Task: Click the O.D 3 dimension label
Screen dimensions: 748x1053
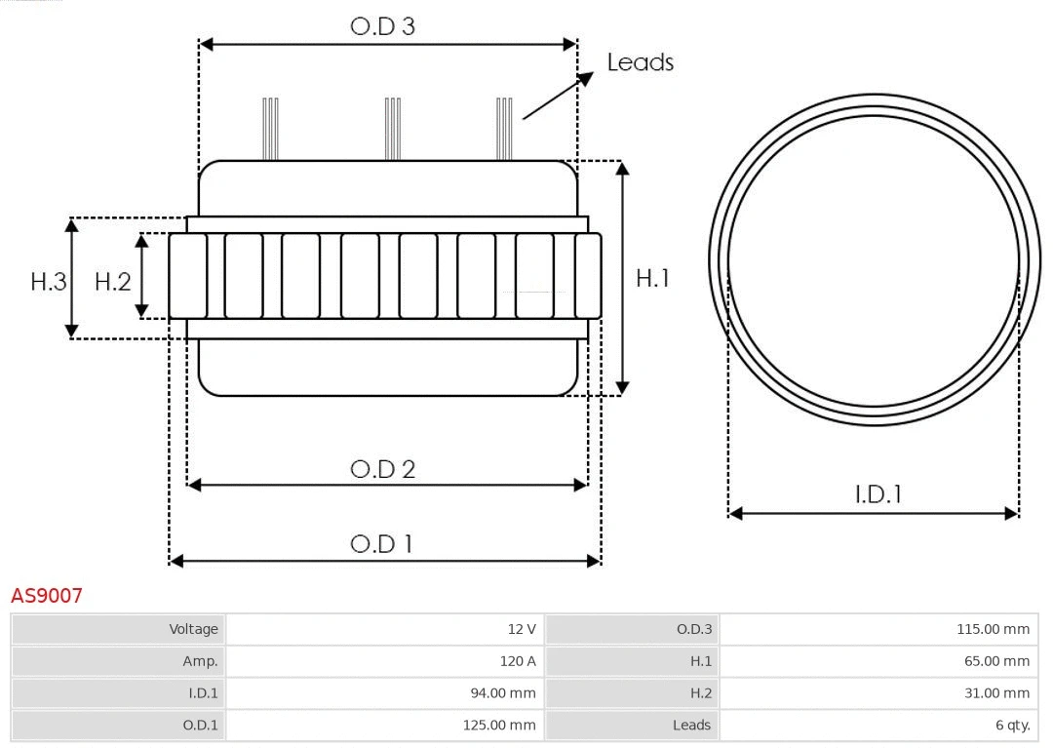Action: [x=382, y=26]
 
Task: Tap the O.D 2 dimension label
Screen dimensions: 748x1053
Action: [x=382, y=469]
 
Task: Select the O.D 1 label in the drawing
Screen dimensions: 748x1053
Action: [x=381, y=543]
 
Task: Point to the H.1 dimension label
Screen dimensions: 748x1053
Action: [x=652, y=278]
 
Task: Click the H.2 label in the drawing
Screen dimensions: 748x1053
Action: [x=112, y=282]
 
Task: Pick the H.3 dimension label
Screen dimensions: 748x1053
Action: [x=48, y=282]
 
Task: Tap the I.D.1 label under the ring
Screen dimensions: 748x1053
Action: [x=877, y=494]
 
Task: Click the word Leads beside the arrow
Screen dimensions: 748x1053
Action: [x=640, y=62]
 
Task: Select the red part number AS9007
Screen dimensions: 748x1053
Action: [x=47, y=595]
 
